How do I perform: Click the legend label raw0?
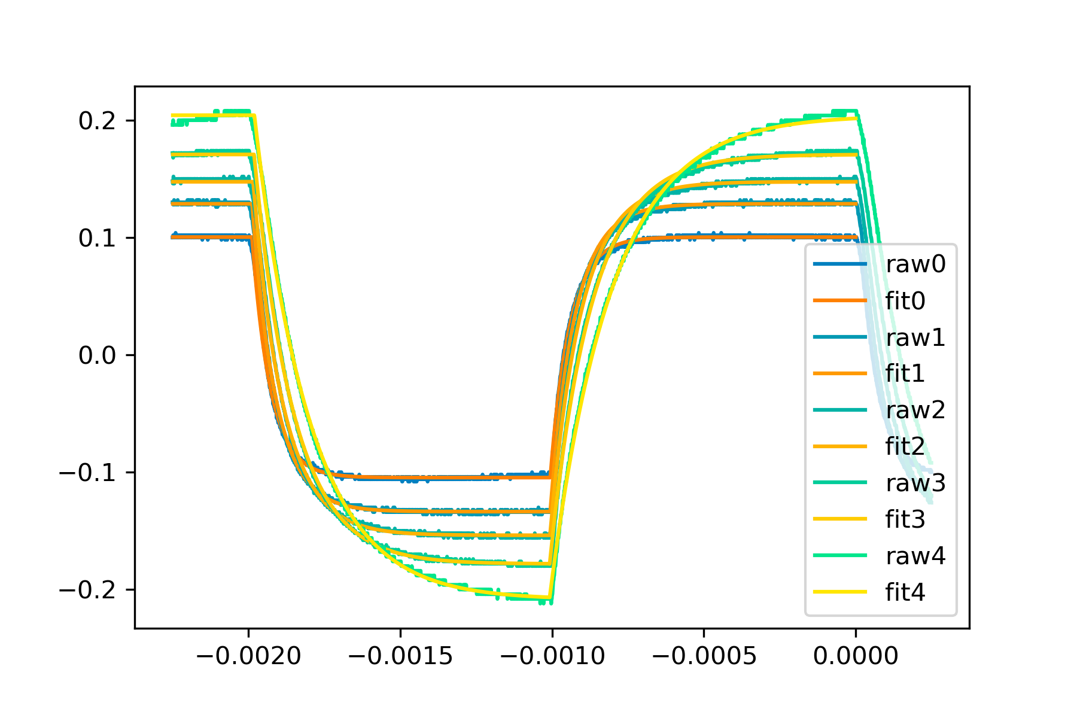[x=915, y=264]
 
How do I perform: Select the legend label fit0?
[x=905, y=300]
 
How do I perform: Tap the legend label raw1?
[x=915, y=337]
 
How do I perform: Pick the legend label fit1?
[x=905, y=373]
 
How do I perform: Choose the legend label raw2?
[x=915, y=410]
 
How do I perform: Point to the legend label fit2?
[x=905, y=446]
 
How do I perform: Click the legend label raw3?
[x=915, y=483]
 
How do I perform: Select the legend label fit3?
[x=905, y=519]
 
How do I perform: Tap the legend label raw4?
[x=915, y=556]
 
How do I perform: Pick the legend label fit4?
[x=905, y=592]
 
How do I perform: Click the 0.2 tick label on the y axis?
[x=98, y=121]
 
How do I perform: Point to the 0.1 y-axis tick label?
[x=98, y=238]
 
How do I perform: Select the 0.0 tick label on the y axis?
[x=98, y=355]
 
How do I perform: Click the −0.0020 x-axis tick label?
[x=248, y=656]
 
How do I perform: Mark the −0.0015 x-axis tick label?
[x=400, y=656]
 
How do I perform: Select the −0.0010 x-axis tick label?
[x=552, y=656]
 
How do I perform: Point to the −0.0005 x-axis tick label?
[x=704, y=656]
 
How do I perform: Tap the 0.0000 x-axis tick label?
[x=856, y=656]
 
